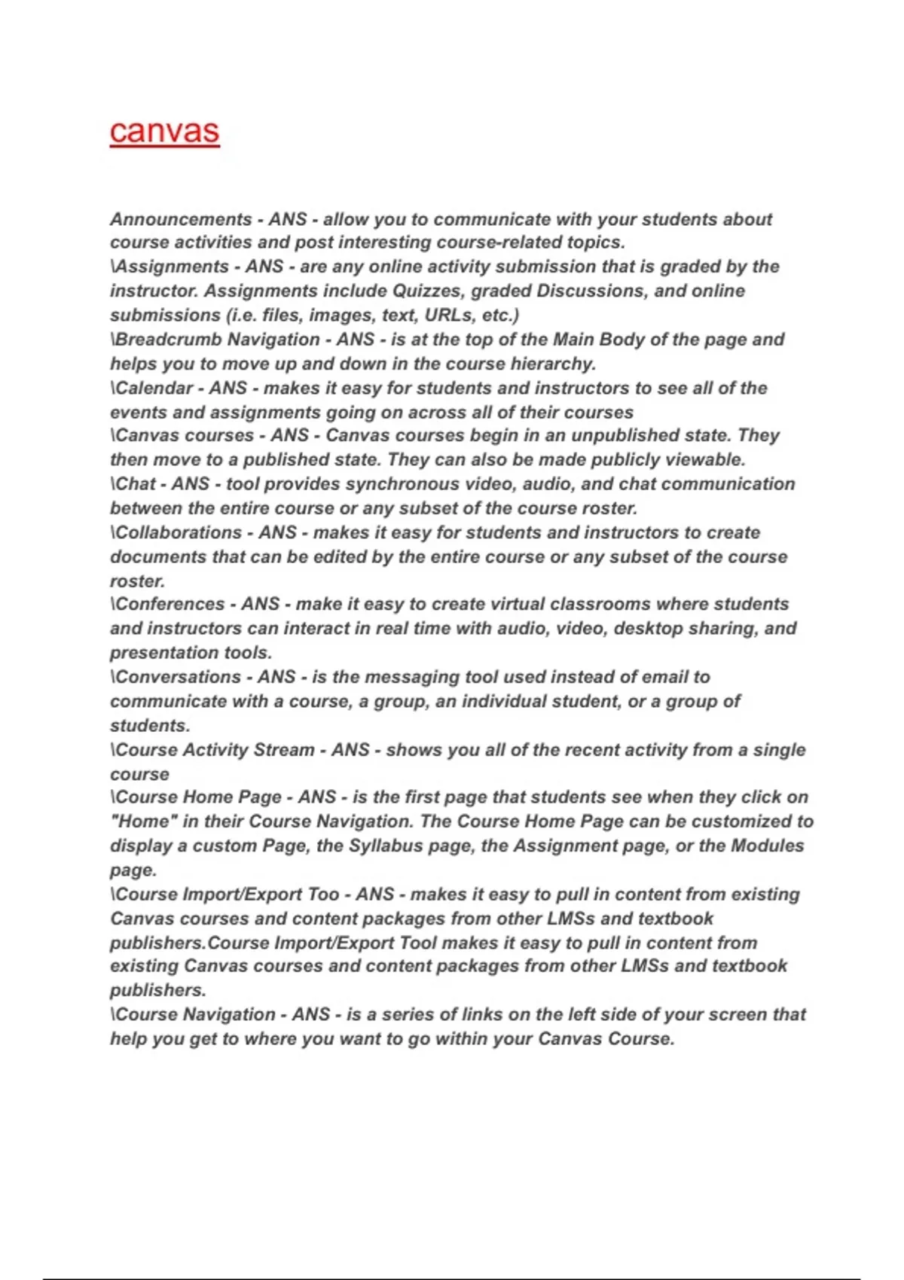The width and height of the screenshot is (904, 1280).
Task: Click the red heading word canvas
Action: pyautogui.click(x=164, y=131)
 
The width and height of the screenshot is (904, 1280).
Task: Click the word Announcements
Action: pyautogui.click(x=181, y=219)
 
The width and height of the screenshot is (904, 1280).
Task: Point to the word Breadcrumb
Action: pyautogui.click(x=167, y=340)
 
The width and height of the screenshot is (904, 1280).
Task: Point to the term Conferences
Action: pyautogui.click(x=170, y=604)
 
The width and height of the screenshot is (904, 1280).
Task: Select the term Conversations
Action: pyautogui.click(x=179, y=677)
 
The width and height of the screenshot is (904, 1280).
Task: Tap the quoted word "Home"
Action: pyautogui.click(x=143, y=821)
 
